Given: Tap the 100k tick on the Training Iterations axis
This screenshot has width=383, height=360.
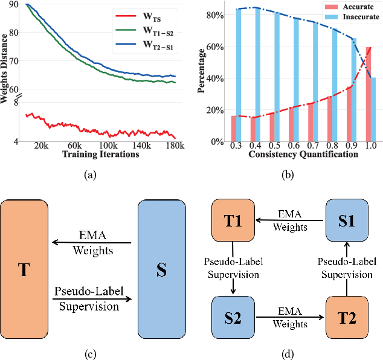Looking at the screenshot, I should click(108, 146).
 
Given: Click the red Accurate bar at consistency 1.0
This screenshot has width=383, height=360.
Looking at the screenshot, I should click(368, 94).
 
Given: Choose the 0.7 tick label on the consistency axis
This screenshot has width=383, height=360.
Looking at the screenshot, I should click(314, 146).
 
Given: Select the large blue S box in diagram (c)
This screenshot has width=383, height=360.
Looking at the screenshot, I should click(161, 269).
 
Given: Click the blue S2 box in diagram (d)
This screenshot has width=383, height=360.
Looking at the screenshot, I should click(231, 316).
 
